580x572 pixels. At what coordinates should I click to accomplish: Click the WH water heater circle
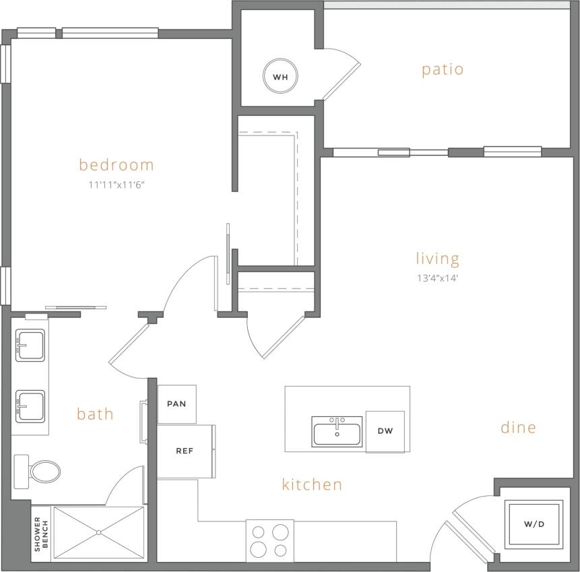point(280,77)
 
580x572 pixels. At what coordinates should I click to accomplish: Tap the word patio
point(443,69)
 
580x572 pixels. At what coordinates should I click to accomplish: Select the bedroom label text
point(117,164)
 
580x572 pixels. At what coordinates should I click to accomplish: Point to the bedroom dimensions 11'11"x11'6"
point(117,185)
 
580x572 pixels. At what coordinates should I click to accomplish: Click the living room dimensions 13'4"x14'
point(437,277)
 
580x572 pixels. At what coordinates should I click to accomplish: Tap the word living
point(437,259)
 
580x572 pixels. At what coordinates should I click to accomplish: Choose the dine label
point(518,427)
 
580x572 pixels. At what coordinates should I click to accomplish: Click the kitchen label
point(312,484)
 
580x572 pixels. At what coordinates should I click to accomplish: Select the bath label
point(95,414)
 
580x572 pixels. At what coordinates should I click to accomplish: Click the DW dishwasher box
point(385,431)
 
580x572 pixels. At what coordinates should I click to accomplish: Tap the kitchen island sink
point(337,431)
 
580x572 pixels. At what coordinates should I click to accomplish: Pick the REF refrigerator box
point(185,451)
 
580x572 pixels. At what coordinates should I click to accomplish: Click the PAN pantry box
point(176,404)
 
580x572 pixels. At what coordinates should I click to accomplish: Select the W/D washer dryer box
point(533,524)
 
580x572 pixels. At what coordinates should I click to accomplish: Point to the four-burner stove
point(269,539)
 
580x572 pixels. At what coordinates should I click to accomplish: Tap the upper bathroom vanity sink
point(30,345)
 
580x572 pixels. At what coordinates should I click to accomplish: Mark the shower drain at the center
point(98,533)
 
